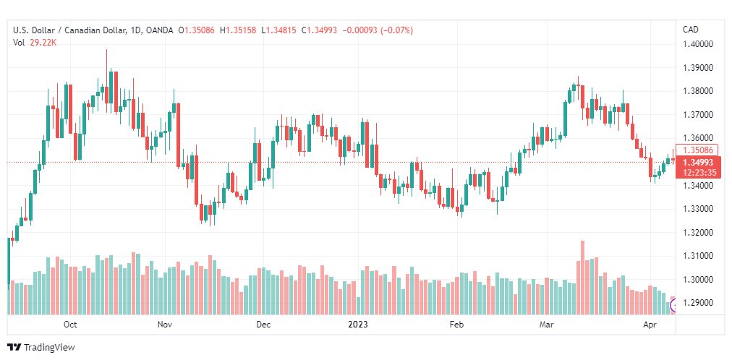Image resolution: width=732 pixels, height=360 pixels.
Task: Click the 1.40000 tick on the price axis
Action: click(698, 44)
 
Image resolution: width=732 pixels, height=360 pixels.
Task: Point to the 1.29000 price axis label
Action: click(698, 303)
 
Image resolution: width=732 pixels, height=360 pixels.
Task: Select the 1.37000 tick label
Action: click(698, 115)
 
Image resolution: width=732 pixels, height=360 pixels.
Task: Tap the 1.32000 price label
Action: click(698, 232)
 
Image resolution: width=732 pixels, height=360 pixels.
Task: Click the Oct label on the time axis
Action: click(70, 325)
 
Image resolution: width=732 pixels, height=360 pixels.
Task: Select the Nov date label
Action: click(165, 325)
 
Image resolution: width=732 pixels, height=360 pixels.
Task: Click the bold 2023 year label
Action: click(358, 325)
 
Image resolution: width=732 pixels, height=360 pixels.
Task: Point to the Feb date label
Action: click(456, 325)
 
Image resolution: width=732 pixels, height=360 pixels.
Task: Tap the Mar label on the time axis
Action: click(545, 325)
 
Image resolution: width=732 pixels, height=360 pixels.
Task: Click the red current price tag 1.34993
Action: click(699, 163)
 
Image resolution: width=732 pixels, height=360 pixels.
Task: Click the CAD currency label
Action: click(691, 30)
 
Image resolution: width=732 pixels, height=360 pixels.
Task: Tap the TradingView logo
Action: click(41, 348)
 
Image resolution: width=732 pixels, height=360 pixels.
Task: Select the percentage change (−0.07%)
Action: click(397, 30)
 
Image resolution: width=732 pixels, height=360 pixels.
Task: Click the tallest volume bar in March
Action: click(582, 278)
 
